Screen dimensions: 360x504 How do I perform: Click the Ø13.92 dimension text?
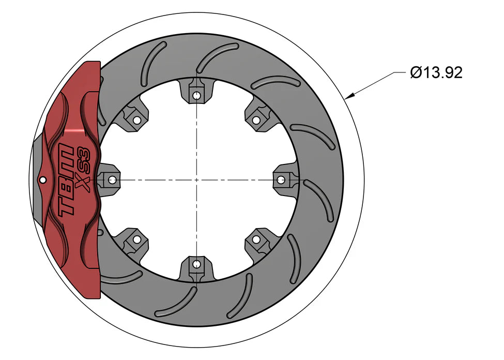(x=436, y=73)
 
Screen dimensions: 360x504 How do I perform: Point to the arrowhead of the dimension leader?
(x=348, y=96)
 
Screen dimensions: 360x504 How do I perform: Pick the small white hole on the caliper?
(x=42, y=180)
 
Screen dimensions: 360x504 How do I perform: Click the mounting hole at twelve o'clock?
(x=196, y=95)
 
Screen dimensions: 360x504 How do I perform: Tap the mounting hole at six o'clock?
(x=196, y=265)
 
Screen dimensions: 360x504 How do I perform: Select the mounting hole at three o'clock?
(x=281, y=180)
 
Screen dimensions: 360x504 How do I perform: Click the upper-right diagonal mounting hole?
(x=256, y=120)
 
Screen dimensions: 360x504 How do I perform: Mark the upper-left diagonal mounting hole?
(x=136, y=120)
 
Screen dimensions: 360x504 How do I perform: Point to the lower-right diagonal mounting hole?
(x=256, y=240)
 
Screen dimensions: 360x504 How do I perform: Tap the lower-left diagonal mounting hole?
(x=136, y=240)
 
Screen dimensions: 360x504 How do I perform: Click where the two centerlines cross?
(x=196, y=180)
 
